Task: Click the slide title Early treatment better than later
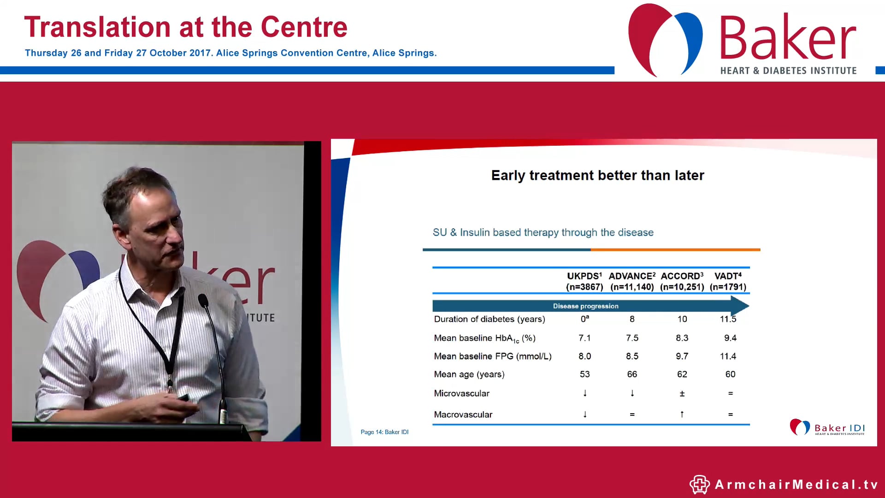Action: (x=597, y=176)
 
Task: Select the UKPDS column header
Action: (x=584, y=276)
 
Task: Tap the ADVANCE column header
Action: (x=631, y=276)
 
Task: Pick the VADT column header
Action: (x=727, y=276)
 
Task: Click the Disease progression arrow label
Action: (x=585, y=306)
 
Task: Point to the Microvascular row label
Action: (x=461, y=393)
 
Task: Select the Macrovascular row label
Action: (x=463, y=415)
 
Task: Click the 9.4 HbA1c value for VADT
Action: (x=730, y=338)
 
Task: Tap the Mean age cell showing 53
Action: (x=584, y=374)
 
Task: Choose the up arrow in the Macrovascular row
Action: (x=682, y=415)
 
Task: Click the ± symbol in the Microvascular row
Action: (x=682, y=394)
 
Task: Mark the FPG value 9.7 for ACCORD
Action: (x=682, y=356)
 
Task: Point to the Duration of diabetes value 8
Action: (x=632, y=319)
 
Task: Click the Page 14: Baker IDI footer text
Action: (x=384, y=432)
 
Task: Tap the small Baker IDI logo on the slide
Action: (x=826, y=427)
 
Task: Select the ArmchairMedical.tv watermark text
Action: (x=796, y=485)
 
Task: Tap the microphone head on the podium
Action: (x=203, y=301)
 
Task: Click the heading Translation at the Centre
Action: (x=185, y=27)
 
